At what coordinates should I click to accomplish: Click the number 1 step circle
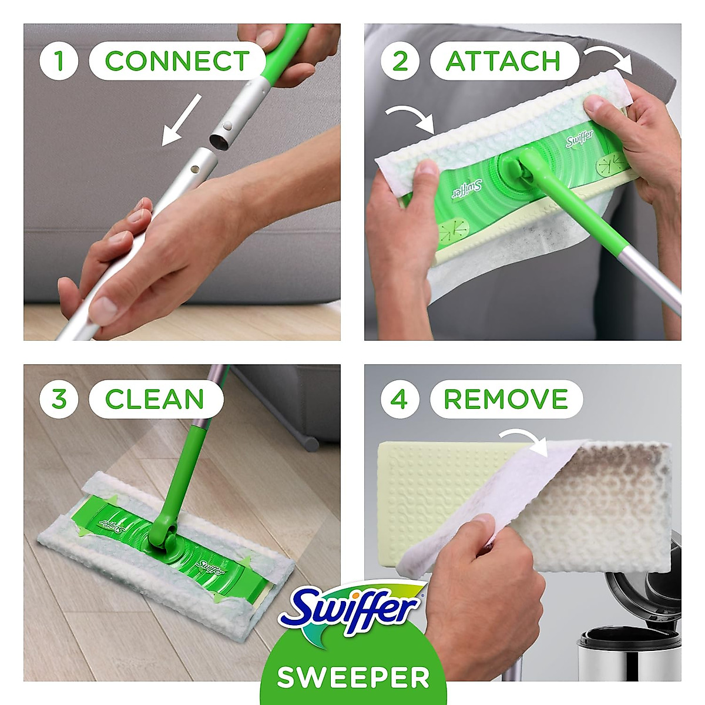(x=59, y=61)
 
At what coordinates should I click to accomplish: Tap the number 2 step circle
(x=399, y=61)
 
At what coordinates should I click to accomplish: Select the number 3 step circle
(x=59, y=399)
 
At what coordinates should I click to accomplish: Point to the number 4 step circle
(x=399, y=399)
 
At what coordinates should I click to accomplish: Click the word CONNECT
(x=177, y=61)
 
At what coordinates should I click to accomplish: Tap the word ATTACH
(x=503, y=61)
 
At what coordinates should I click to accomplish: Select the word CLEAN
(x=155, y=399)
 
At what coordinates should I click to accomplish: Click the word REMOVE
(x=506, y=399)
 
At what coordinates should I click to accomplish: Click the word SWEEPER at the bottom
(x=353, y=677)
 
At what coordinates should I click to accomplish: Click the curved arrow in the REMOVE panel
(x=523, y=441)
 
